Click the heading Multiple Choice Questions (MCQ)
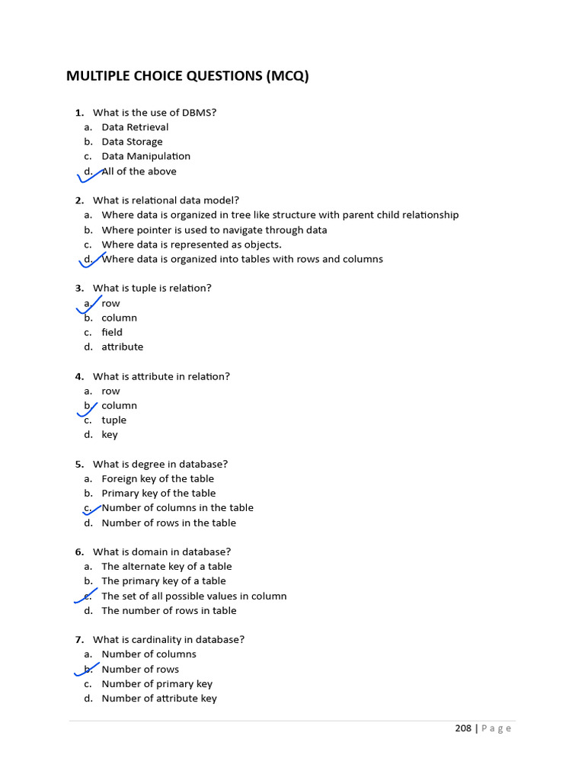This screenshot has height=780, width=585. pos(187,76)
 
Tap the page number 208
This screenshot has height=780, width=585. pos(463,728)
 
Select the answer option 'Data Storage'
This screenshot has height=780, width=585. pos(132,142)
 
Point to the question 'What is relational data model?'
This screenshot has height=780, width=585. pos(166,200)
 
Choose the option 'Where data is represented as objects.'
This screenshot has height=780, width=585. pos(191,245)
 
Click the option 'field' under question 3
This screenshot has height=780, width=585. pos(112,332)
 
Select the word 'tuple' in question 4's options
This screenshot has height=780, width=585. pos(113,420)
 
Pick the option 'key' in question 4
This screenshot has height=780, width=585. pos(110,435)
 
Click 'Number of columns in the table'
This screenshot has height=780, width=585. pos(177,508)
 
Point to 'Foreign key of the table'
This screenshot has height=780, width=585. pos(158,478)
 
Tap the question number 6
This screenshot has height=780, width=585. pos(79,551)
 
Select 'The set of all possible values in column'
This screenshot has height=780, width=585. pos(193,596)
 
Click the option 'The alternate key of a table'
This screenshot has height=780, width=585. pos(166,567)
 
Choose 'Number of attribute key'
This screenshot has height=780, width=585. pos(158,698)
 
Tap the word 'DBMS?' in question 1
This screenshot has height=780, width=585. pos(199,113)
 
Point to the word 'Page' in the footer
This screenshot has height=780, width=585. pos(497,728)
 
